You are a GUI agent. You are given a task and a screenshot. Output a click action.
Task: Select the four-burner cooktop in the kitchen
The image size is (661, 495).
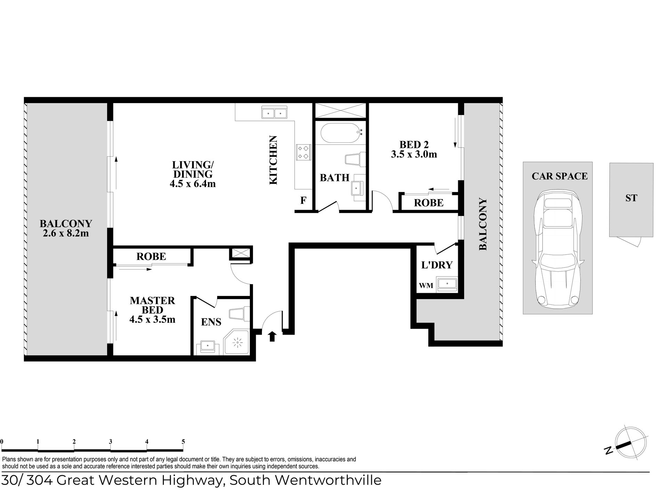click(303, 152)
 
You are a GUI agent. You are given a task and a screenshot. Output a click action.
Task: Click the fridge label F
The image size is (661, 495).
click(303, 200)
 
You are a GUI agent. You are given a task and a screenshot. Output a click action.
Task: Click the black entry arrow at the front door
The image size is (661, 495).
click(272, 336)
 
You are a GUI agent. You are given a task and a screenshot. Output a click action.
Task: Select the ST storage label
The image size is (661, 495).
click(631, 198)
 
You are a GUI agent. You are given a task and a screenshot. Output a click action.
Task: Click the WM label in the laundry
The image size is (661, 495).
click(426, 286)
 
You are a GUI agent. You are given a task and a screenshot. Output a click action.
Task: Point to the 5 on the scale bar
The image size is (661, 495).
click(183, 442)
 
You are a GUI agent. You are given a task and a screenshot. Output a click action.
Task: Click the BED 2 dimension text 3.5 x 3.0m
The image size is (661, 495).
click(414, 154)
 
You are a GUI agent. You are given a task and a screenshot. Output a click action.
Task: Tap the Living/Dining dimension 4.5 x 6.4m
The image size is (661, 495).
click(192, 184)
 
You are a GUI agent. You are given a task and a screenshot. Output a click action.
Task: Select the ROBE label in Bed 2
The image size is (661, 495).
click(429, 203)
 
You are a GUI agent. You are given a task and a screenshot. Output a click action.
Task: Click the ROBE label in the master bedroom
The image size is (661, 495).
click(151, 256)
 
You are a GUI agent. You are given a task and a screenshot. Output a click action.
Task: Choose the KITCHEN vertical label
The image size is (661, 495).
click(274, 160)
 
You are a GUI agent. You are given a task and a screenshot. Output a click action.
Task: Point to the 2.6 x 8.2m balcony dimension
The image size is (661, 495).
click(66, 233)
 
